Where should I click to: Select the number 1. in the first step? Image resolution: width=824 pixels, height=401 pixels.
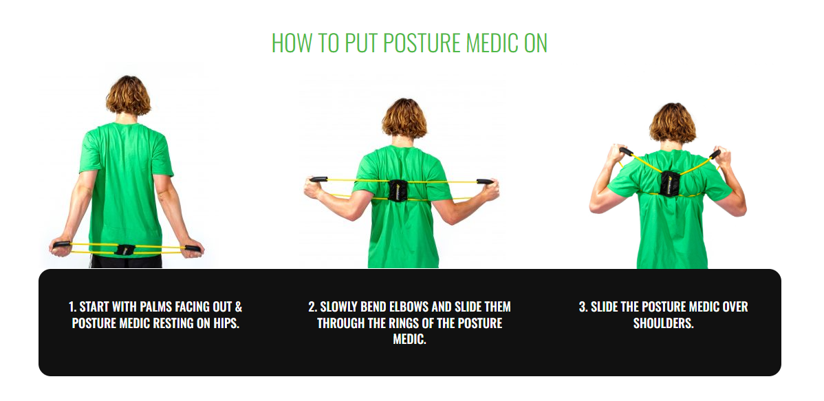[x=73, y=307]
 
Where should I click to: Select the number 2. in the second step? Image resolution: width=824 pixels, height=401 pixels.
[x=312, y=307]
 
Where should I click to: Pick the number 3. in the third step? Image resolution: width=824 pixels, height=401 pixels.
[x=583, y=307]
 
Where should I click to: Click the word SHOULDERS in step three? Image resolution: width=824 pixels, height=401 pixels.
[x=663, y=323]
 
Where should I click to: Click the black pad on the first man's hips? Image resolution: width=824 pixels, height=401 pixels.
[x=126, y=249]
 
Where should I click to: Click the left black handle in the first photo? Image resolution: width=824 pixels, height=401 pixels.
[x=62, y=244]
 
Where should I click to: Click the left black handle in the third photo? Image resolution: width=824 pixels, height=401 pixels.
[x=626, y=151]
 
